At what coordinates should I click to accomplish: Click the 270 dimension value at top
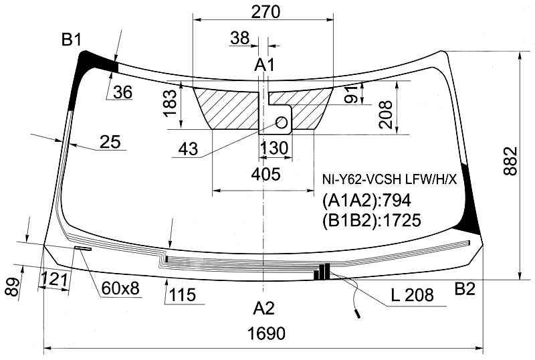pyautogui.click(x=265, y=11)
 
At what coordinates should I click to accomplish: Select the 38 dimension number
pyautogui.click(x=239, y=38)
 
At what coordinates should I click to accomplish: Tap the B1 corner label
pyautogui.click(x=72, y=40)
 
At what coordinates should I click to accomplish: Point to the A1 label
pyautogui.click(x=264, y=65)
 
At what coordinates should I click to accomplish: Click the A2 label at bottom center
pyautogui.click(x=263, y=308)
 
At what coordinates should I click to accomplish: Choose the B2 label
pyautogui.click(x=465, y=289)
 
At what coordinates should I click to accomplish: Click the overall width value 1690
pyautogui.click(x=266, y=333)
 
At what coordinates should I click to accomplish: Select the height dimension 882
pyautogui.click(x=510, y=161)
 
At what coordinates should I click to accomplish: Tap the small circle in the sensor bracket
pyautogui.click(x=282, y=122)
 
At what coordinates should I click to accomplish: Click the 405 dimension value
pyautogui.click(x=265, y=175)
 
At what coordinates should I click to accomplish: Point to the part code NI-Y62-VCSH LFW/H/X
pyautogui.click(x=389, y=179)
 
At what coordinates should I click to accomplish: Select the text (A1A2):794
pyautogui.click(x=366, y=201)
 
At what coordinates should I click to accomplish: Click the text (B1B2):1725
pyautogui.click(x=372, y=220)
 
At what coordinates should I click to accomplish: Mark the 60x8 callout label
pyautogui.click(x=120, y=288)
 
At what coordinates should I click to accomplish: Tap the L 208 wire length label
pyautogui.click(x=412, y=294)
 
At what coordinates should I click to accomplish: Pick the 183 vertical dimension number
pyautogui.click(x=171, y=103)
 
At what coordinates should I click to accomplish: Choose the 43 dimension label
pyautogui.click(x=188, y=149)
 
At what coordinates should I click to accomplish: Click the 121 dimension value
pyautogui.click(x=53, y=280)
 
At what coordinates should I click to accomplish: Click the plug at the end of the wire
pyautogui.click(x=358, y=314)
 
